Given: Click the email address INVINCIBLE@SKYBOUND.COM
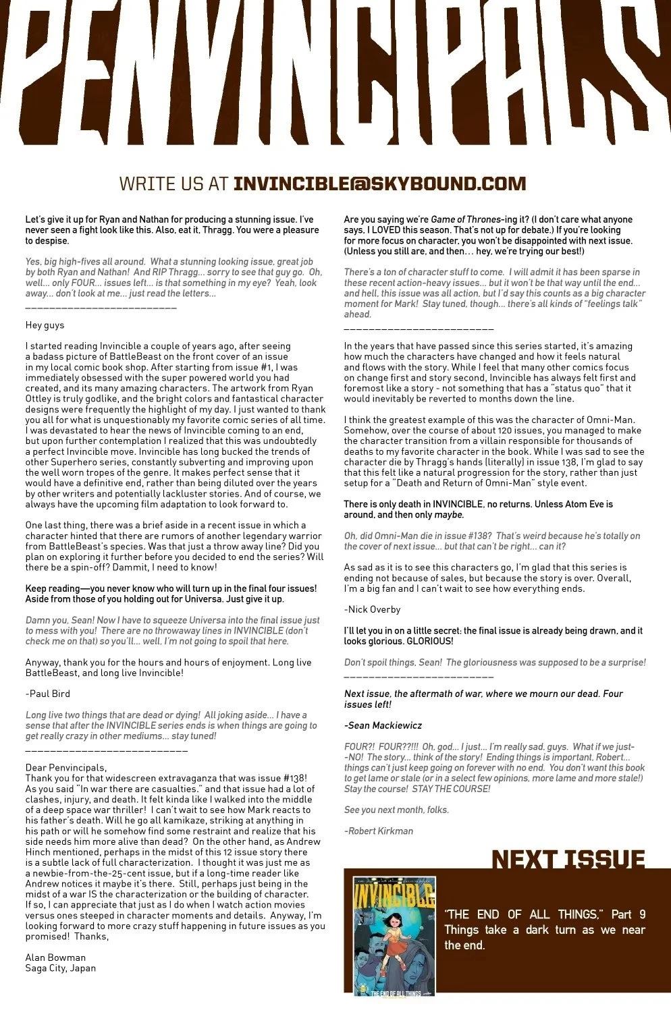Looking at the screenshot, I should (379, 184).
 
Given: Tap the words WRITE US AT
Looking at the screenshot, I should (175, 184).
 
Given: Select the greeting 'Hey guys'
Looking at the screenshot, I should (45, 325).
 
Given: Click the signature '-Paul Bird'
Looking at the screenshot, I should (47, 694).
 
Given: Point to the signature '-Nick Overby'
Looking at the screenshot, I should (372, 609).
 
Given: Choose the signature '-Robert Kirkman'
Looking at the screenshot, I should (378, 831).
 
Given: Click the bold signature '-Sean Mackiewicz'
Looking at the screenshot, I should (383, 725).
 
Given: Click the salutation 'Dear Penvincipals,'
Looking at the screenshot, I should (66, 768).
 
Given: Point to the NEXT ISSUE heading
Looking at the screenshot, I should (568, 859).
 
